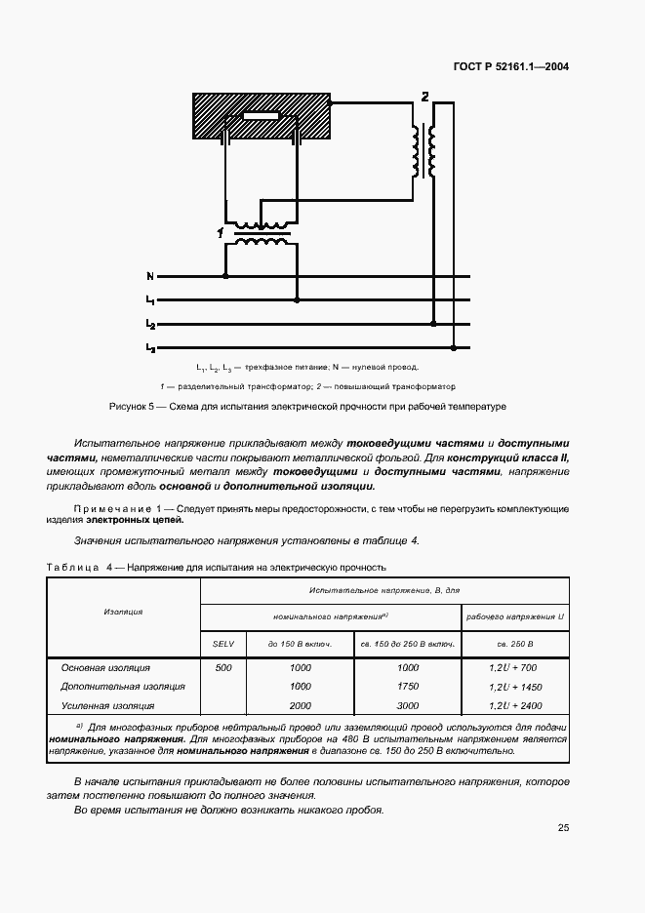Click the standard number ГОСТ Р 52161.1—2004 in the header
(510, 67)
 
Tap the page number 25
(563, 828)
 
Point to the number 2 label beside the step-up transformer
(423, 96)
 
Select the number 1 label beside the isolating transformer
(221, 232)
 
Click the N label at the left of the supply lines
(149, 277)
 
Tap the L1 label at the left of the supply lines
(150, 300)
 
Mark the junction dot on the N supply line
(226, 277)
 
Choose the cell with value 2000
(300, 705)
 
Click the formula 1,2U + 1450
(513, 687)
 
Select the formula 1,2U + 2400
(513, 705)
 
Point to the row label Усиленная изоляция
(108, 705)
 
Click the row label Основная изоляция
(105, 668)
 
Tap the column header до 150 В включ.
(300, 645)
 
